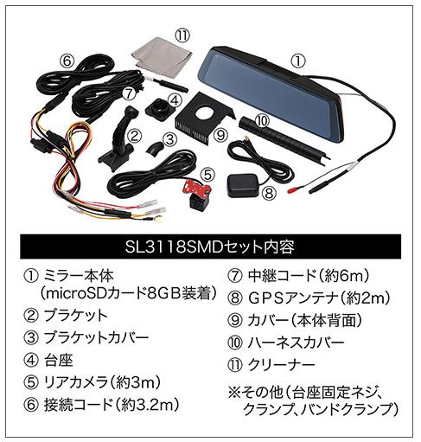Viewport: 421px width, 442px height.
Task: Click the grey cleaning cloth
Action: coord(162,55)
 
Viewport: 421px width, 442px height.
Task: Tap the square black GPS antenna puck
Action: coord(243,185)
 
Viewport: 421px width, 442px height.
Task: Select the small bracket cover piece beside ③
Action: coord(155,148)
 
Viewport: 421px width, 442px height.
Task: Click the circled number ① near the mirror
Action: coord(298,61)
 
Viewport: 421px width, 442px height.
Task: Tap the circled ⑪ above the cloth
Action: coord(182,36)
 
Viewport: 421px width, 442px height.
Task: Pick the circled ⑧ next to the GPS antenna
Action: coord(269,194)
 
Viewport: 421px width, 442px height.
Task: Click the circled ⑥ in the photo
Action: coord(67,61)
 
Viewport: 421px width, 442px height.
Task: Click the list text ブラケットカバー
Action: coord(96,337)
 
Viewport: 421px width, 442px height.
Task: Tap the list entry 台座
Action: coord(59,360)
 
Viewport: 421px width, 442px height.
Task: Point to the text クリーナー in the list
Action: coord(281,365)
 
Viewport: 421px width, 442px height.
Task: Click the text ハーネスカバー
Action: coord(296,343)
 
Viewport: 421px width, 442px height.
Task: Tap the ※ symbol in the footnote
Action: coord(234,393)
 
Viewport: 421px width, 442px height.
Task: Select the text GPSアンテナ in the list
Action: coord(292,298)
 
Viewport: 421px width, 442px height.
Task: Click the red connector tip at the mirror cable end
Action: coord(293,190)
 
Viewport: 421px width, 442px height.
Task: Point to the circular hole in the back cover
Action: coord(206,112)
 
